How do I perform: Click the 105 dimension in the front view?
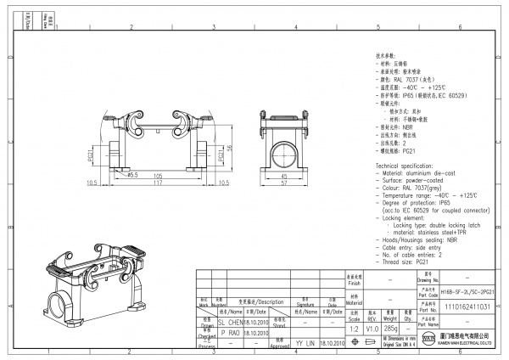158,175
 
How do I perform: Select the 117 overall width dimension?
158,183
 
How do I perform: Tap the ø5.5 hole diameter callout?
133,175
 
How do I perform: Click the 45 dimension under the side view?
283,176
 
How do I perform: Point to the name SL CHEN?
208,323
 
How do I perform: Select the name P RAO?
208,334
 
